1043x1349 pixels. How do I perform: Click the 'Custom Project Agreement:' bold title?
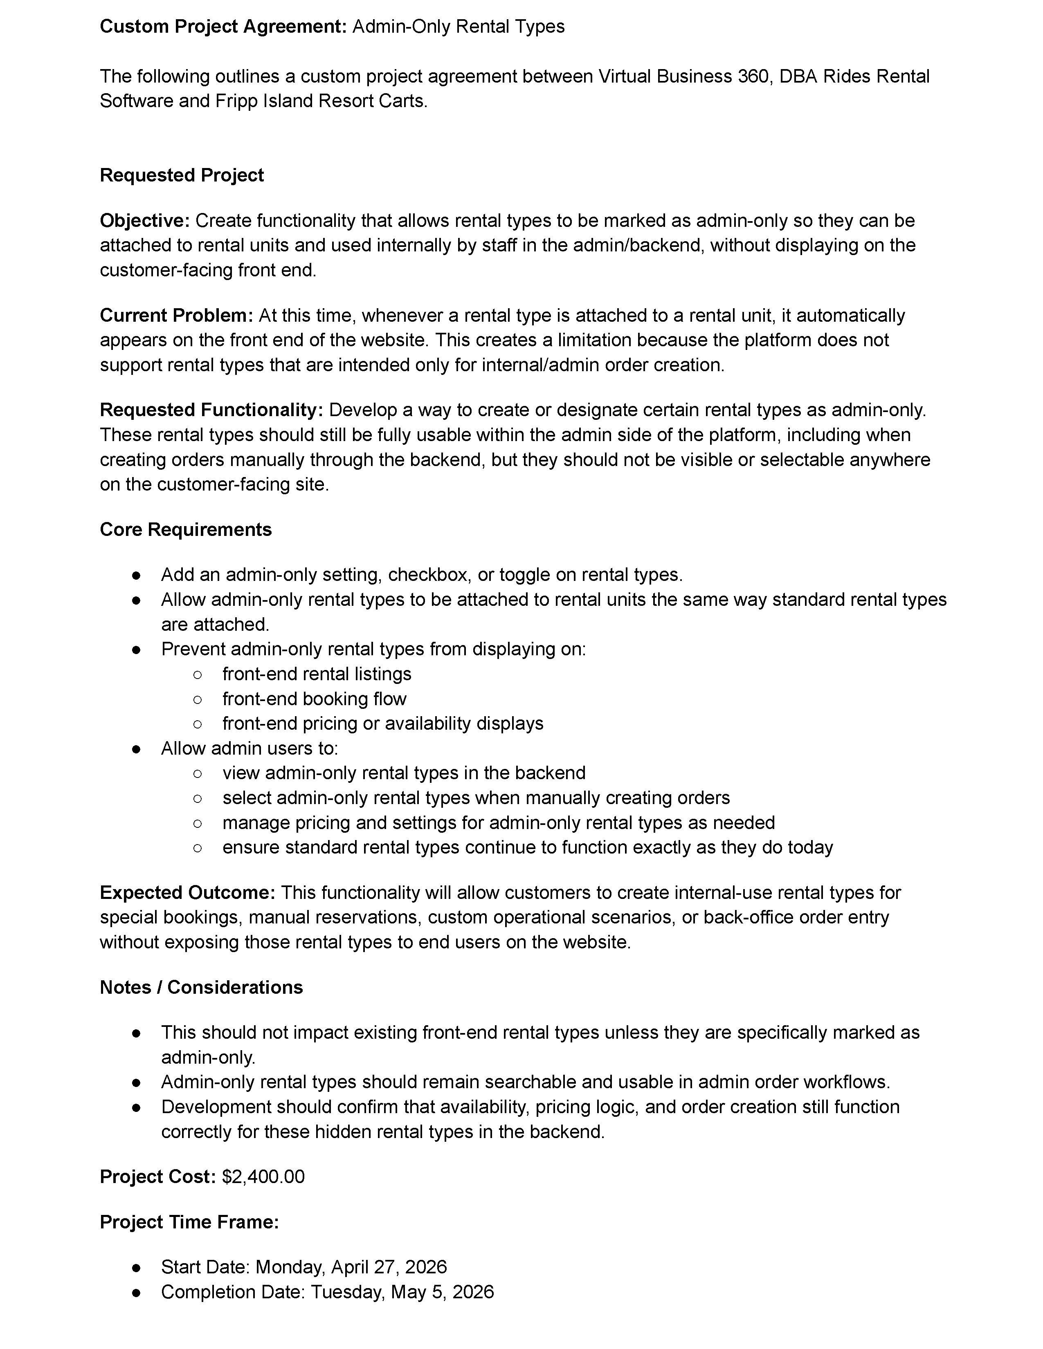(223, 27)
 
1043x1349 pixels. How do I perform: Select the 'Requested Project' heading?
(182, 175)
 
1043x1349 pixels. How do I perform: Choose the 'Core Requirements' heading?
(185, 530)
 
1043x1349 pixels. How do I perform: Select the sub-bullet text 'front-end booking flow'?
(315, 699)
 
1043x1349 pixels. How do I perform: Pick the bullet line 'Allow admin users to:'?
(250, 748)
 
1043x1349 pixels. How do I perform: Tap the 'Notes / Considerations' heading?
(201, 988)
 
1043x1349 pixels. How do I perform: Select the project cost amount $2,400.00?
(263, 1176)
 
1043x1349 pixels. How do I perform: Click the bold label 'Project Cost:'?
(157, 1176)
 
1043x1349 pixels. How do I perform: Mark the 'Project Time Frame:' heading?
(189, 1222)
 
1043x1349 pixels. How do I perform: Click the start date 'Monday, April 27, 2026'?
(351, 1268)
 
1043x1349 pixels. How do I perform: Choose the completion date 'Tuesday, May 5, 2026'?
(402, 1292)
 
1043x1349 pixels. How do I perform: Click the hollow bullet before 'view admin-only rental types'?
(197, 773)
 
